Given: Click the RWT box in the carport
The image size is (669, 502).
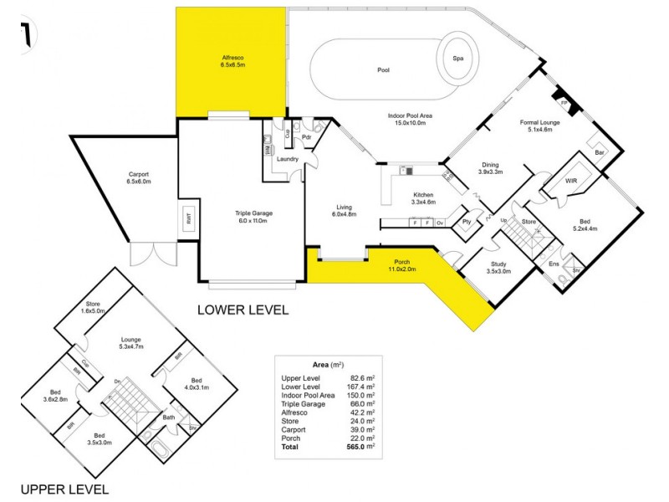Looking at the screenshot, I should tap(189, 220).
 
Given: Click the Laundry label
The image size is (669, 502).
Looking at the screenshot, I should tap(289, 159).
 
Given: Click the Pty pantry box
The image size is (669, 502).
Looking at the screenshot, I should tap(467, 222).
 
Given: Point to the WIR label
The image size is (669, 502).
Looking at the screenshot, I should tap(572, 181).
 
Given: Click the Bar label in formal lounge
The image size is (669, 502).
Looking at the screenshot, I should tap(600, 153).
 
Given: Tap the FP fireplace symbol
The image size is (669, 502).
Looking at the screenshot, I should tap(564, 103).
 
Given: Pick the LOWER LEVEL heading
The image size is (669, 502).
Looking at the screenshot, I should tap(243, 310).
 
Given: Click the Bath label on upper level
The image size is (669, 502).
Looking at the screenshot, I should tap(168, 417).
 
